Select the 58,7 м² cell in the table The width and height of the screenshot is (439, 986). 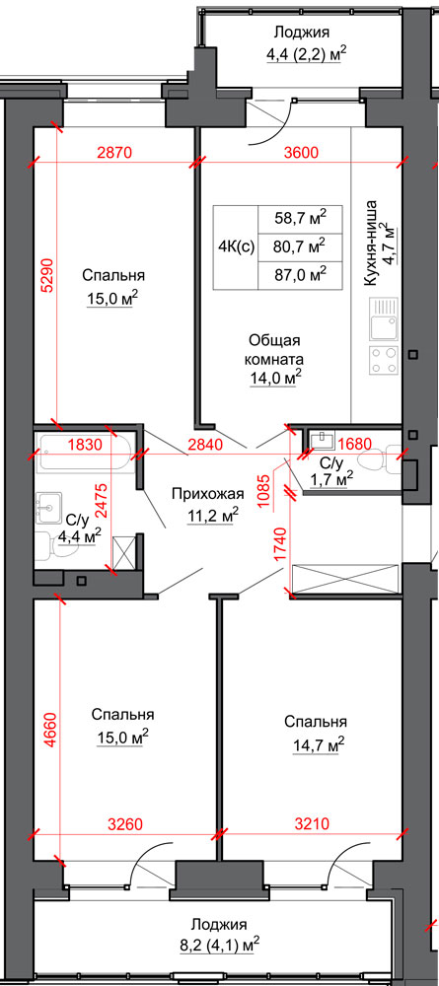[x=301, y=219]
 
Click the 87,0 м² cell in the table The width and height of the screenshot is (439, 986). [x=301, y=275]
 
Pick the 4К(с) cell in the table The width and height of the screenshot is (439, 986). [x=236, y=247]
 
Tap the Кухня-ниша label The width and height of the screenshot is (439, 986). [x=371, y=244]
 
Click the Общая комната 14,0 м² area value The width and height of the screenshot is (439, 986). [x=275, y=378]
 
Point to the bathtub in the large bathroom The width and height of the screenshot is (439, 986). [x=86, y=453]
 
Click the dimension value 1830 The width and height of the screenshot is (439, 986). [x=85, y=446]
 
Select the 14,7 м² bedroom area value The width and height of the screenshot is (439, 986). [x=319, y=745]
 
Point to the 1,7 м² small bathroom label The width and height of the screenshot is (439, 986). [x=331, y=479]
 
